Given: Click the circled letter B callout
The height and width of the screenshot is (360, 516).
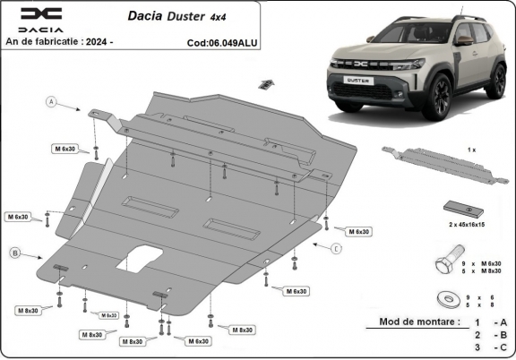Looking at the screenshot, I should (16, 253).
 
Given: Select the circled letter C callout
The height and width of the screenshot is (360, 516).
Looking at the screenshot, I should (336, 248).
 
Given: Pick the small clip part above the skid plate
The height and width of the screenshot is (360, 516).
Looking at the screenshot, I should (265, 85).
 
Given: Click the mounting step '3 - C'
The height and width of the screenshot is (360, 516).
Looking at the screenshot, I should (487, 347).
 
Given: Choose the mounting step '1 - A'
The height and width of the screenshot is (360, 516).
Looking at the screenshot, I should (487, 321).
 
